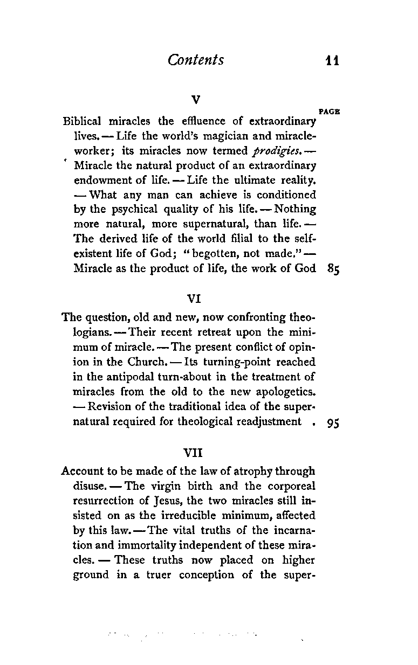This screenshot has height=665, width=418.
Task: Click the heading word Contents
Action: click(196, 60)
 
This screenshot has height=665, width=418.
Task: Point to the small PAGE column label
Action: click(329, 112)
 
